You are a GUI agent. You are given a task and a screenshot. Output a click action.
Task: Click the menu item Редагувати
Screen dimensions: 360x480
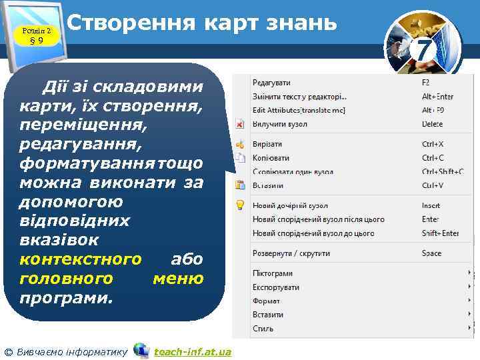[271, 83]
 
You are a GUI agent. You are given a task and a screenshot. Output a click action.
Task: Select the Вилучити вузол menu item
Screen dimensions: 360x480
[279, 124]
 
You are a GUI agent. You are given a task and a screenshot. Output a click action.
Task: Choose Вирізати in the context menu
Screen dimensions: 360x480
[267, 144]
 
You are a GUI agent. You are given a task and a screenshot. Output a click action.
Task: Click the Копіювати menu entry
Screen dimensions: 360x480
[271, 158]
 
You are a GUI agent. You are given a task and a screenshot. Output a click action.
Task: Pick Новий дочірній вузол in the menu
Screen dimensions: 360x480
[290, 206]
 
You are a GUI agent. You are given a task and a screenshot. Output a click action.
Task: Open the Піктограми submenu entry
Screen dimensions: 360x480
[272, 273]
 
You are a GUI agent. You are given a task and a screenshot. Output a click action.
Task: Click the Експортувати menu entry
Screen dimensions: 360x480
[275, 287]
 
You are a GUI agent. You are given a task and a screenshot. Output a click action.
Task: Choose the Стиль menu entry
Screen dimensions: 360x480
[263, 329]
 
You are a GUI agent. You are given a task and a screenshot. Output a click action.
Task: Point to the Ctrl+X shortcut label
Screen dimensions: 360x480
[433, 144]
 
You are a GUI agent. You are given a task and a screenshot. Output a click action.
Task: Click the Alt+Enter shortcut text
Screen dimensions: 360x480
[437, 97]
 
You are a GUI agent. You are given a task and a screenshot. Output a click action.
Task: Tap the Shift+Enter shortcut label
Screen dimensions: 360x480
[440, 233]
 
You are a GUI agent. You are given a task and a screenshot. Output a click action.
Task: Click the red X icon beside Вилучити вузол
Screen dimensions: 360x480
[240, 124]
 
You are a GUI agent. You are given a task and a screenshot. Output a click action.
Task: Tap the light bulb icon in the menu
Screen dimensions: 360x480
[240, 206]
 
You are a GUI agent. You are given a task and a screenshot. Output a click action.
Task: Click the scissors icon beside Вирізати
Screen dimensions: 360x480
[240, 144]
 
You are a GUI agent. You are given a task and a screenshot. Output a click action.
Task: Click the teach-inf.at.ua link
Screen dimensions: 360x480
[192, 351]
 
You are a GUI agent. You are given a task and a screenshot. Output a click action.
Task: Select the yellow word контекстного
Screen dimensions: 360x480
[81, 259]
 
